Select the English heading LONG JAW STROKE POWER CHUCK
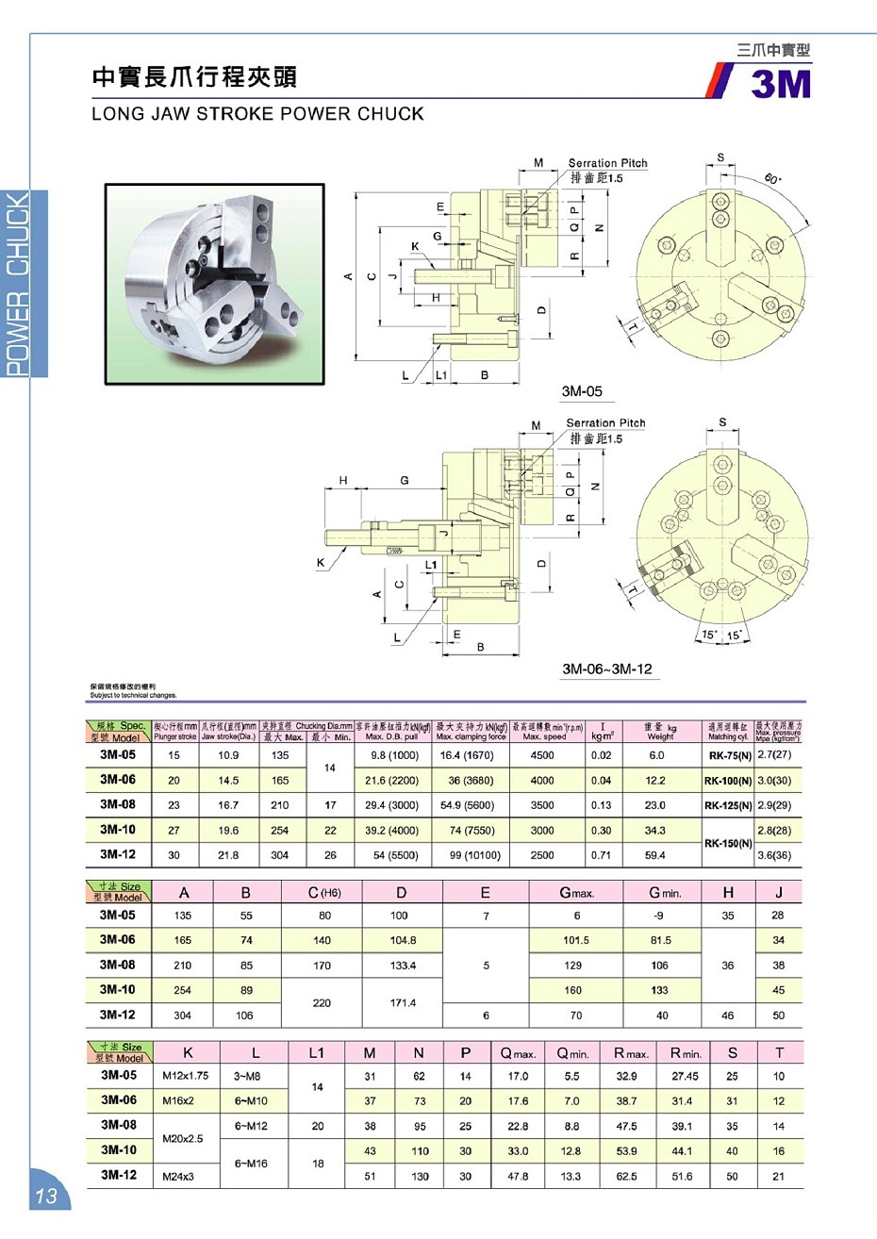(257, 114)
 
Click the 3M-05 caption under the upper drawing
(581, 391)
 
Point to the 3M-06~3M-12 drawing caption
(606, 669)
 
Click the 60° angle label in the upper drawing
(774, 179)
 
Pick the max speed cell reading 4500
(542, 755)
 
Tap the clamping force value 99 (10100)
(471, 855)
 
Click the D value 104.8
(403, 940)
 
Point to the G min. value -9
(659, 915)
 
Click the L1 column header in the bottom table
(317, 1053)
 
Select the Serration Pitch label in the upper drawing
(607, 163)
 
